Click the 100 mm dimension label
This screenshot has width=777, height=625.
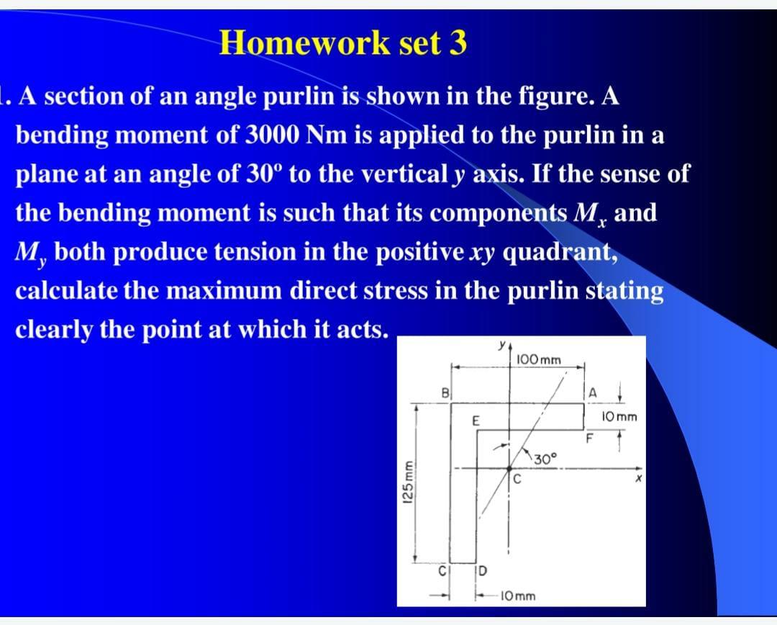coord(539,359)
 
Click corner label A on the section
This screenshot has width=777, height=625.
coord(593,392)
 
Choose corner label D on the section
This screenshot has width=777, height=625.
coord(482,572)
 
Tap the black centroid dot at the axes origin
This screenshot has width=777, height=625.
coord(509,468)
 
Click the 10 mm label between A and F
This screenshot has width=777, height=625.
coord(621,417)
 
